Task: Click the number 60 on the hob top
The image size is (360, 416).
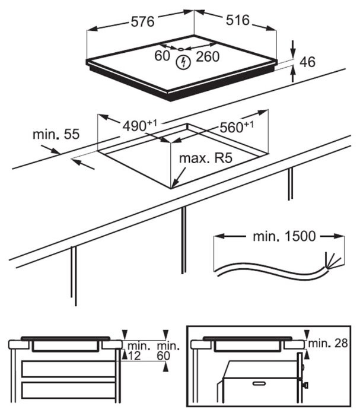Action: (x=163, y=56)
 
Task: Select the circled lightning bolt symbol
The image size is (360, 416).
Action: (x=184, y=60)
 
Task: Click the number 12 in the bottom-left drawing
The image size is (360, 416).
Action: (x=134, y=355)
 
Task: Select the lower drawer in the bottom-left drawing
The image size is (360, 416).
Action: (x=68, y=390)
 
